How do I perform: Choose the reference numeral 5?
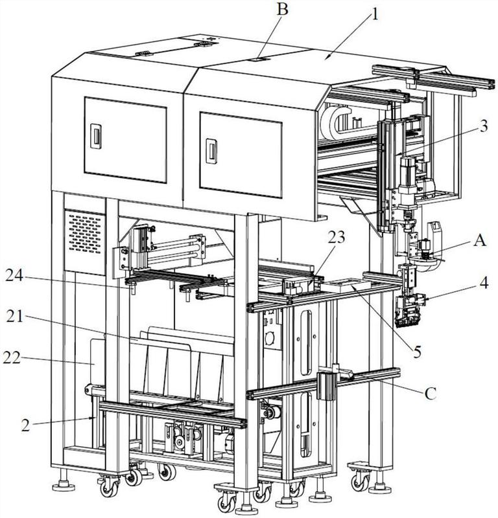[418, 352]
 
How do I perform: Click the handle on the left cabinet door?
[95, 136]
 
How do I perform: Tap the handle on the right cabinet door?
[210, 150]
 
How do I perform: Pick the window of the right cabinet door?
[240, 153]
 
